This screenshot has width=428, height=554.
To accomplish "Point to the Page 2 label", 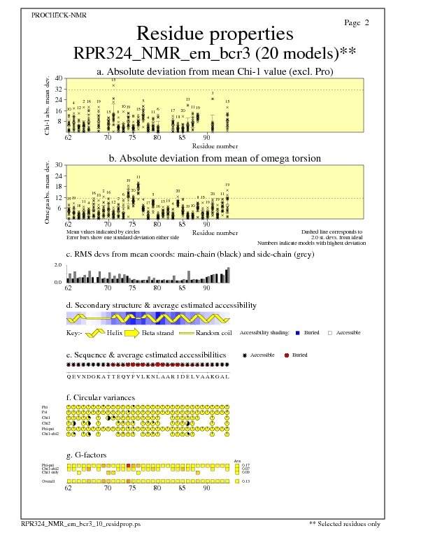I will [357, 23].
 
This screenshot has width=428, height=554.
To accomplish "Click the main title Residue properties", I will [214, 34].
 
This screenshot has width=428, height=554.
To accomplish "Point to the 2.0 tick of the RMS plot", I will [59, 266].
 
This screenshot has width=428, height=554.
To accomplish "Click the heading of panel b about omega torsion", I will [215, 158].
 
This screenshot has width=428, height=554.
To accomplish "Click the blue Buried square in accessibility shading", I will [298, 333].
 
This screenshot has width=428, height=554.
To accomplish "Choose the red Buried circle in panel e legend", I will [287, 356].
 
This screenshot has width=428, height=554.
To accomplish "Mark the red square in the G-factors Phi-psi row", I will [129, 465].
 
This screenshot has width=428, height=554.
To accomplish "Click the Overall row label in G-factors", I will [50, 481].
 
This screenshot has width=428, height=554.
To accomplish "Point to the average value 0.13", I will [245, 481].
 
